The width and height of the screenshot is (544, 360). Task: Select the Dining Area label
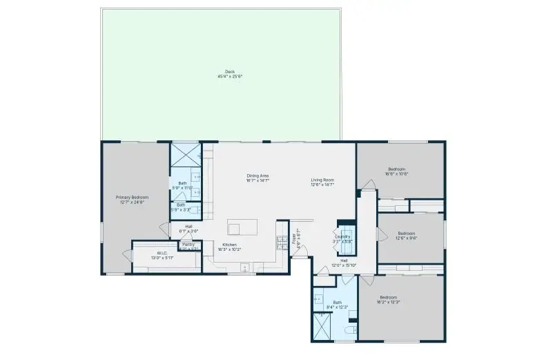click(x=258, y=176)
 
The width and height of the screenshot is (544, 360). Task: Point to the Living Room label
click(x=322, y=180)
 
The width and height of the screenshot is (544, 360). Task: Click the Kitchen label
click(x=229, y=245)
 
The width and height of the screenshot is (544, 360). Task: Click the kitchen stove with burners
click(x=282, y=243)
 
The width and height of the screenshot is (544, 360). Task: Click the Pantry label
click(x=188, y=245)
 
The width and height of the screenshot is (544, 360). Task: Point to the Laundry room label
click(x=343, y=237)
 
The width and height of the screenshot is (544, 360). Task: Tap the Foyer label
click(x=295, y=240)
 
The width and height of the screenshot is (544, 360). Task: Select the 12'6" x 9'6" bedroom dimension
click(x=406, y=238)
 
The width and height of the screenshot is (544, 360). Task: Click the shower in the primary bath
click(x=184, y=152)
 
